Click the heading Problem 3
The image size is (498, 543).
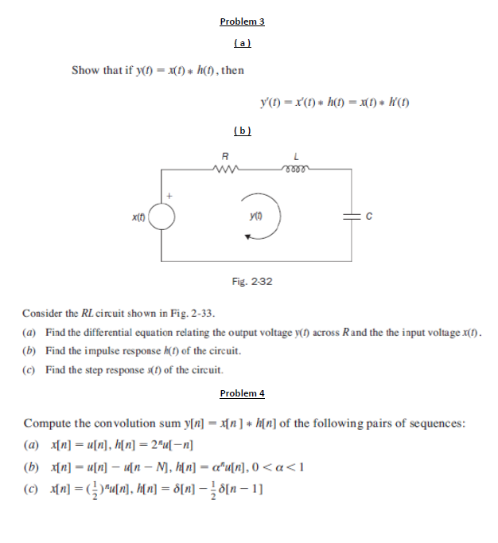click(x=242, y=21)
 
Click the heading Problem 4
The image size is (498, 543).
click(x=242, y=393)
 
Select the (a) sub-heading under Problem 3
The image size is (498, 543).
click(x=242, y=41)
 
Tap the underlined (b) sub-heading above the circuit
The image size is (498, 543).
click(x=242, y=131)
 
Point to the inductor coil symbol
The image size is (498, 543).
click(x=295, y=168)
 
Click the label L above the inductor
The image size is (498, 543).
click(x=295, y=156)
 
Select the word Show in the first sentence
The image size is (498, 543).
click(x=85, y=70)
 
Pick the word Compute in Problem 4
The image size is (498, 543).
click(x=47, y=423)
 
